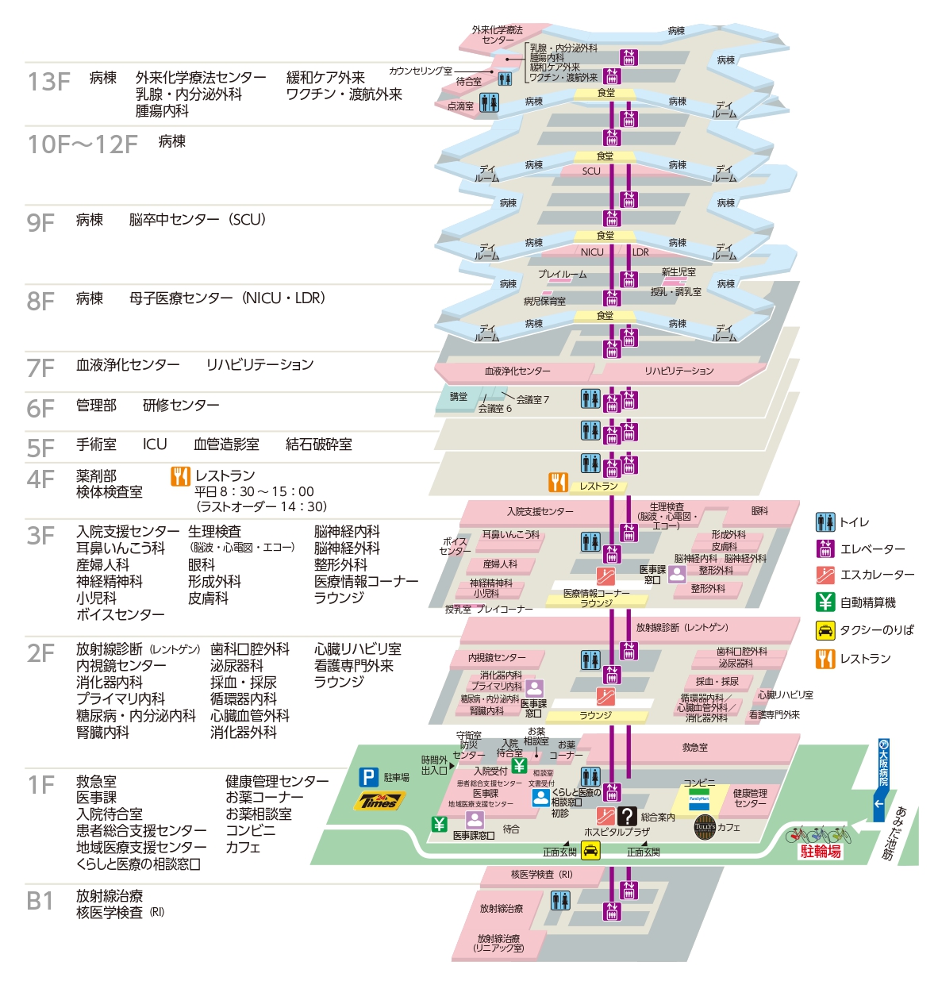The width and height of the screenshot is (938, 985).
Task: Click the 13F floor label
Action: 48,82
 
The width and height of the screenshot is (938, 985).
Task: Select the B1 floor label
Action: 40,902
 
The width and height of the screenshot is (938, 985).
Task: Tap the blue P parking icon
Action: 368,778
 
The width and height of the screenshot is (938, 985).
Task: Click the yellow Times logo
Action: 379,800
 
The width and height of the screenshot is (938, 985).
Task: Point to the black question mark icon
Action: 627,816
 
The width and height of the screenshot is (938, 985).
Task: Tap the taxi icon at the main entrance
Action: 590,851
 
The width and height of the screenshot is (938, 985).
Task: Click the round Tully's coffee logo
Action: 704,827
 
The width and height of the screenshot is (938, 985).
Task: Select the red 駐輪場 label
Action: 821,852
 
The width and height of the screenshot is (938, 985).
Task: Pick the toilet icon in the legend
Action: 825,522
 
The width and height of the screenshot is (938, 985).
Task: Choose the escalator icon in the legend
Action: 825,575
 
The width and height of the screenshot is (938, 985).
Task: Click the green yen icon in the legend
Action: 825,602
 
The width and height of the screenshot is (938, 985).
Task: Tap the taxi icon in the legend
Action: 825,630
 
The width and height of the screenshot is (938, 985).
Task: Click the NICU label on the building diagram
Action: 592,252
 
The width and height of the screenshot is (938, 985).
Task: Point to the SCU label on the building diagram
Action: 591,171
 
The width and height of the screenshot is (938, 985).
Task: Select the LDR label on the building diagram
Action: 640,252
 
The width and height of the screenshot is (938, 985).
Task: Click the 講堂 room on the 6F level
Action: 459,397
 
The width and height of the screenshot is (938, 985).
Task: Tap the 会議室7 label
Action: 532,400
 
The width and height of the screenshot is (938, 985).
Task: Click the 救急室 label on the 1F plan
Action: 695,748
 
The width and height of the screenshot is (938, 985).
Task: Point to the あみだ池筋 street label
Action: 894,833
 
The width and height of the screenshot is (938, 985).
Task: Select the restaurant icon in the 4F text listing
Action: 180,476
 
